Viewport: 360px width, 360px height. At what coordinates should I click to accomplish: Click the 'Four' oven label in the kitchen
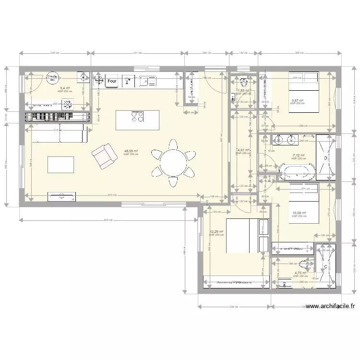pyautogui.click(x=112, y=82)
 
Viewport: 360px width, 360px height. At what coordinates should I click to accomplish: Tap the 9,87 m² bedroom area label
pyautogui.click(x=298, y=101)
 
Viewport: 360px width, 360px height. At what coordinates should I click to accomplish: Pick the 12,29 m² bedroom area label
pyautogui.click(x=217, y=232)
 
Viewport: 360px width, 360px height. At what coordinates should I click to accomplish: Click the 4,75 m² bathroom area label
pyautogui.click(x=300, y=273)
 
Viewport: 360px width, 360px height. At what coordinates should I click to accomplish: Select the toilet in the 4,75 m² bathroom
pyautogui.click(x=304, y=263)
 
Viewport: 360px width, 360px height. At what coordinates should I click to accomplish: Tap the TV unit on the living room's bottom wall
pyautogui.click(x=61, y=195)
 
